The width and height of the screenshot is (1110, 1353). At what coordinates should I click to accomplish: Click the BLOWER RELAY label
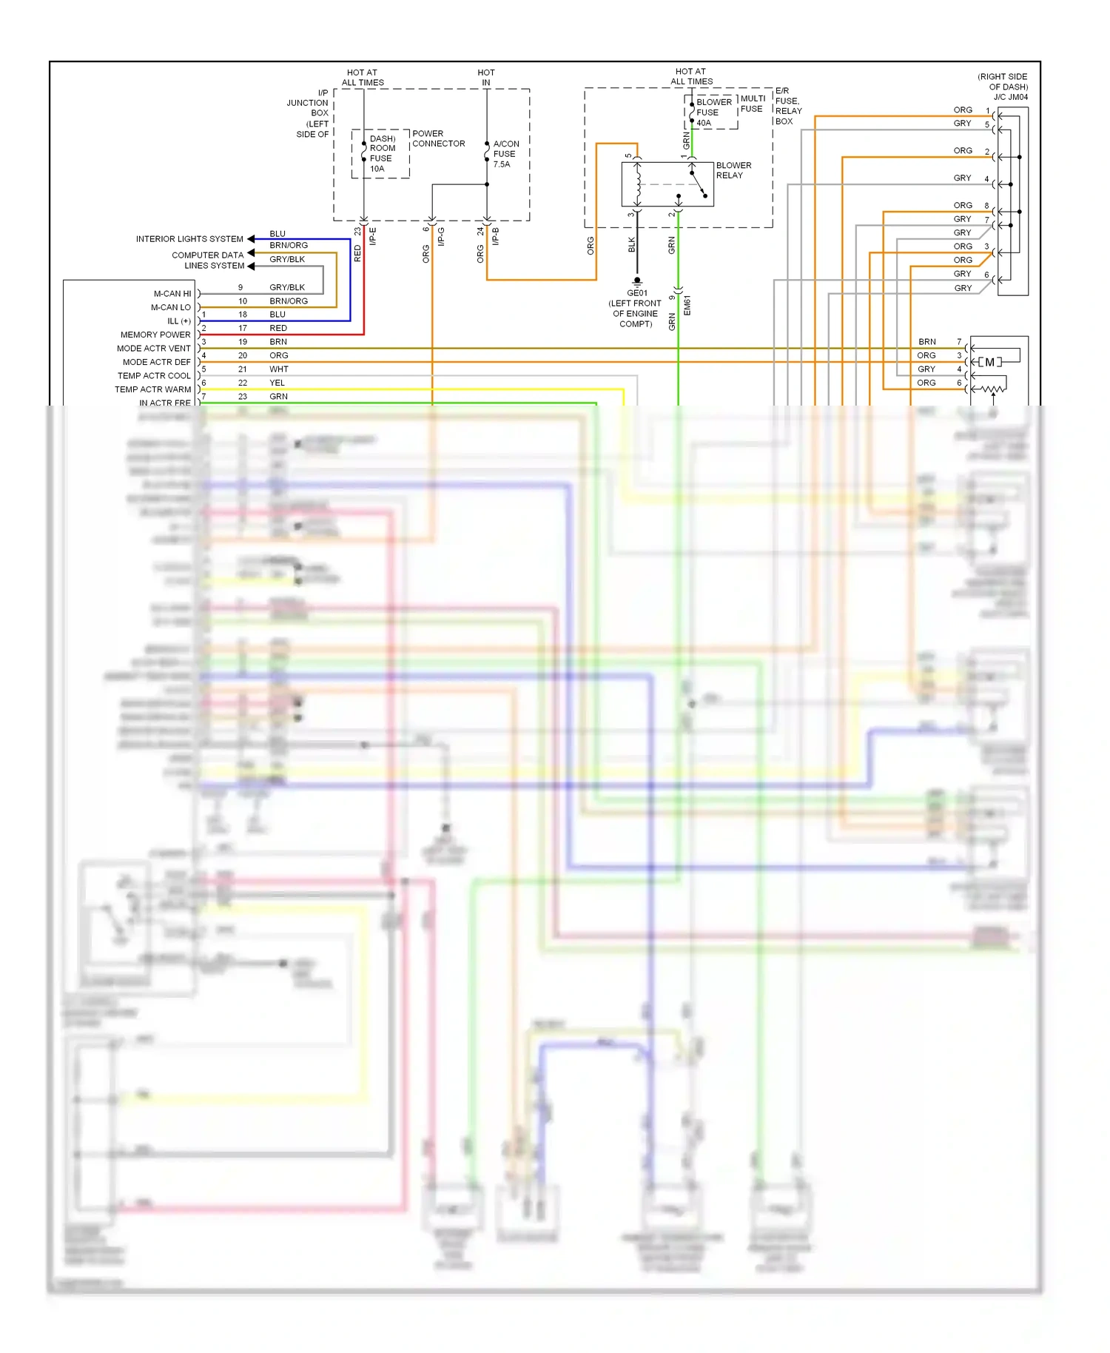pos(733,170)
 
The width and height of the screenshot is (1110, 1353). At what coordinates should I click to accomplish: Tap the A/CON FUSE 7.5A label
pos(505,154)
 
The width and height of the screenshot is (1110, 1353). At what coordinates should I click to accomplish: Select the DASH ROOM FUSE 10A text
pos(382,153)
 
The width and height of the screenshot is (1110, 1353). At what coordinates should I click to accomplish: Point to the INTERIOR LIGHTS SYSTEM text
pos(189,239)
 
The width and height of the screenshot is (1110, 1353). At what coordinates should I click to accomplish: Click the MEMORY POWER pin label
pos(155,335)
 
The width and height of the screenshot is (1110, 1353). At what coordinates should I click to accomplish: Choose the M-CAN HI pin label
pos(172,294)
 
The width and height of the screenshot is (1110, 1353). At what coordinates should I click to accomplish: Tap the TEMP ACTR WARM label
pos(152,389)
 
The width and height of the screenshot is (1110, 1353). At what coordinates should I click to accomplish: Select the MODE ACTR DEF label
pos(156,362)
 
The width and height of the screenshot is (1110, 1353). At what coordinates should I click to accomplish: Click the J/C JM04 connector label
pos(1010,97)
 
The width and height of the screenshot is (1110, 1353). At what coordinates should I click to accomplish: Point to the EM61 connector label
pos(687,305)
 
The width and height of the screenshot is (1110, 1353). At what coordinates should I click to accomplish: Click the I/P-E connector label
pos(373,236)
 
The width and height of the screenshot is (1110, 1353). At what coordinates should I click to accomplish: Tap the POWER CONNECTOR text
pos(438,138)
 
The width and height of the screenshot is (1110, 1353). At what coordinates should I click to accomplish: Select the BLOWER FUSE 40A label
pos(713,113)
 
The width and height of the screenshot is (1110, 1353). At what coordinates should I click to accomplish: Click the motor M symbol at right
pos(989,362)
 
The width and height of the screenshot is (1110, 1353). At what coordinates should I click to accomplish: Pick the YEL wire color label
pos(277,383)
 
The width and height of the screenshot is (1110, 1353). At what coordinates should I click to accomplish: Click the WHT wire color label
pos(278,369)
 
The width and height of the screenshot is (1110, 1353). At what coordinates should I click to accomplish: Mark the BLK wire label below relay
pos(632,245)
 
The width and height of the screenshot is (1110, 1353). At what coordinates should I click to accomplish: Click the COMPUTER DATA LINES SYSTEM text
pos(208,260)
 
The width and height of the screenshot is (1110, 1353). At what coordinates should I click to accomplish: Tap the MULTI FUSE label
pos(752,104)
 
